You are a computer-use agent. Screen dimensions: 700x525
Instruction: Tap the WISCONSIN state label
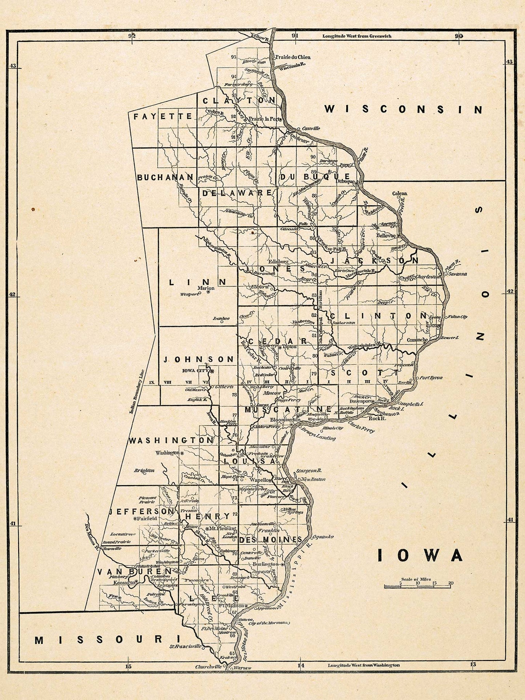click(403, 109)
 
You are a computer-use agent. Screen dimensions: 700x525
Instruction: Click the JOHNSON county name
click(199, 359)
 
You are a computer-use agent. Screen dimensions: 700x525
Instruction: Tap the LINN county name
click(198, 282)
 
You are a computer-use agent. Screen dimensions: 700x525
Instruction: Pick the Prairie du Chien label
click(293, 57)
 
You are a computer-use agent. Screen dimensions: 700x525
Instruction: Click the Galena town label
click(400, 194)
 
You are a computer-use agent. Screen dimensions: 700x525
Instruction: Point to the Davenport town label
click(360, 401)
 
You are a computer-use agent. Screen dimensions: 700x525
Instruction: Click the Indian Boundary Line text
click(137, 392)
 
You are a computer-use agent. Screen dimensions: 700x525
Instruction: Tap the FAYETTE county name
click(162, 117)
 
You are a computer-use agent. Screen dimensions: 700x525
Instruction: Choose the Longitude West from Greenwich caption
click(357, 36)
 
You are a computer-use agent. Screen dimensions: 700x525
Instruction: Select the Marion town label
click(206, 288)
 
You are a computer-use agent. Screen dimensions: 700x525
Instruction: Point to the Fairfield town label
click(147, 518)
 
